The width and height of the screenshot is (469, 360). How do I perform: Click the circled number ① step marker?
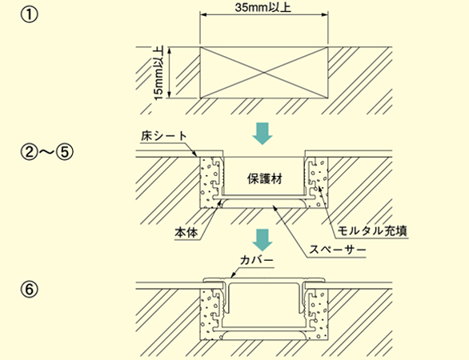coord(30,14)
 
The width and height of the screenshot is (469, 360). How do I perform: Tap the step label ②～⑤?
coord(46,151)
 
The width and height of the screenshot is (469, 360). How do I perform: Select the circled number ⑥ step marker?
coord(30,290)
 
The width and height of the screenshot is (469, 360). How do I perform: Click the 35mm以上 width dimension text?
coord(263,7)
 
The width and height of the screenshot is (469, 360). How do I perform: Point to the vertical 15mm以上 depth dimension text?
coord(158,73)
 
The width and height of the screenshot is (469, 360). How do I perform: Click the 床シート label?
coord(164,136)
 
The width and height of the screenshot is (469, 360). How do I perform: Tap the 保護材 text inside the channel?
coord(265,179)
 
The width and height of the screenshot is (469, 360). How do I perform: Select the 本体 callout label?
coord(186,232)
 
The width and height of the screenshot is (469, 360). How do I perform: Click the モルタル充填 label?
coord(372,231)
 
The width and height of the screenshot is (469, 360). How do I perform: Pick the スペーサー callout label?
coord(338,249)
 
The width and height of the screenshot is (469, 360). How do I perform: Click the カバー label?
coord(257,260)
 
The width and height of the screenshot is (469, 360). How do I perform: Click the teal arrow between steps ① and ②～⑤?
coord(263,134)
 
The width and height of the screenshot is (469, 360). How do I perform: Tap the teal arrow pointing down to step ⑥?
coord(263,239)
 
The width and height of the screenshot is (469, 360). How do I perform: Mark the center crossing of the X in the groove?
coord(264,72)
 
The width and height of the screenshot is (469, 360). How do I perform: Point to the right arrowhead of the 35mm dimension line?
coord(324,14)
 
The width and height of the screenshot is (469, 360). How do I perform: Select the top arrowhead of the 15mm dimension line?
coord(170,50)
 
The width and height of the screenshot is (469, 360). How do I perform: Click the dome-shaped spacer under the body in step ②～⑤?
coord(264,204)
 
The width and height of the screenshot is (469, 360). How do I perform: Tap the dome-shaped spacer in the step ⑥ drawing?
coord(264,335)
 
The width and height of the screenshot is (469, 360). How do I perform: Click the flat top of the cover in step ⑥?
coord(264,279)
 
